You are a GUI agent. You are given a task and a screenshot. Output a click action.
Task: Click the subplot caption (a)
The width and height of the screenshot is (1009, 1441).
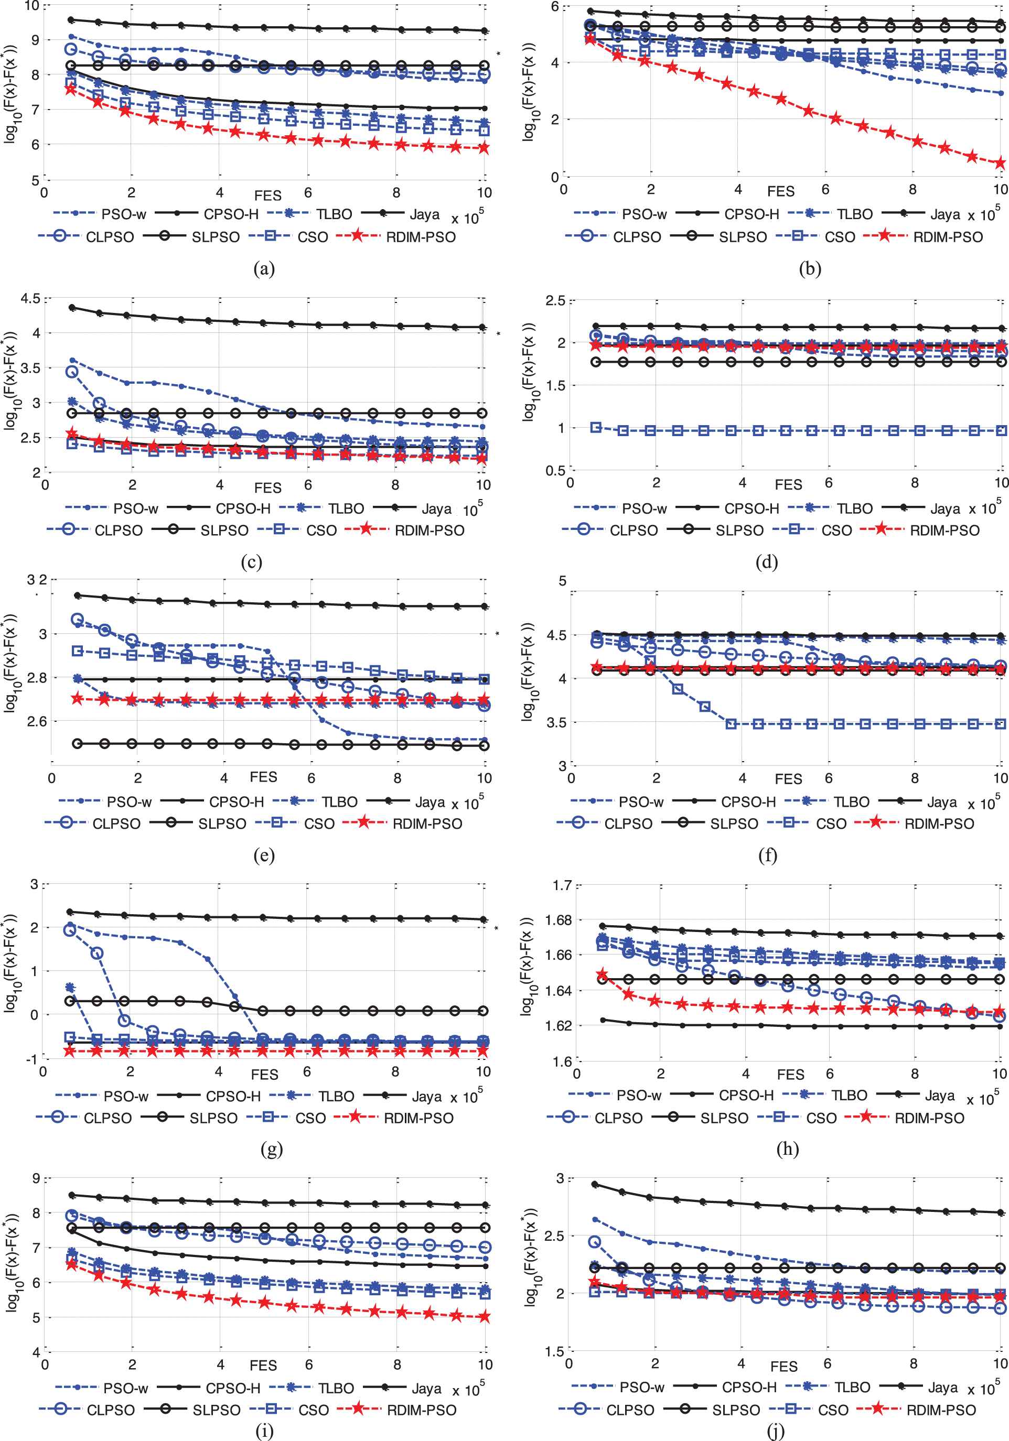[264, 268]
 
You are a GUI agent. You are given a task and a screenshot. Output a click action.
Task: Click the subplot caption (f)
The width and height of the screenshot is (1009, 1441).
[767, 855]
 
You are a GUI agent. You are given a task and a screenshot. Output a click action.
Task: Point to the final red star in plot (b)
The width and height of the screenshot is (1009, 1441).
[1000, 164]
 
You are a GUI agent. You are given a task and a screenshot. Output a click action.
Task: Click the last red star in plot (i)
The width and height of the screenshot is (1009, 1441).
[484, 1317]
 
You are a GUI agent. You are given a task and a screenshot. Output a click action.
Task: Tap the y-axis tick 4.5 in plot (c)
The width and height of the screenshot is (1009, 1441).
[30, 298]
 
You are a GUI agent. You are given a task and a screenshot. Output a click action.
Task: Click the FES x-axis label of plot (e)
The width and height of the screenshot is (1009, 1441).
[263, 777]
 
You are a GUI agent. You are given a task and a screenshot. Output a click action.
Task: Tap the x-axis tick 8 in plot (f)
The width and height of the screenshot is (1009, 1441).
[915, 778]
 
